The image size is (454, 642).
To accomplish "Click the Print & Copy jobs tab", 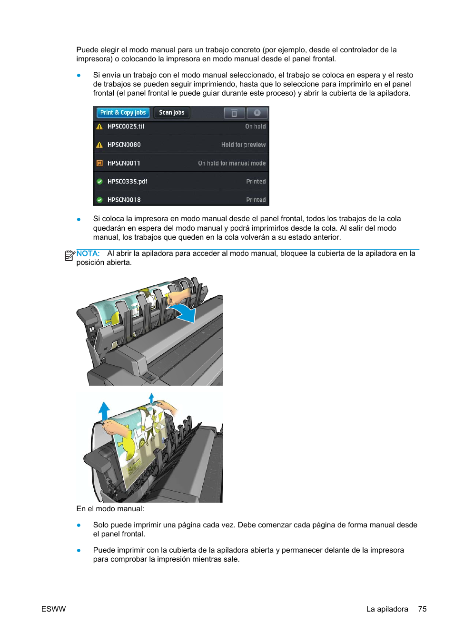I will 123,113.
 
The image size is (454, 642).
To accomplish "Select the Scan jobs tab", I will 171,113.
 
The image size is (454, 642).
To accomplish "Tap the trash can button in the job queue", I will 234,113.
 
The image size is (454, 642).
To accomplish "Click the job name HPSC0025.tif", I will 126,126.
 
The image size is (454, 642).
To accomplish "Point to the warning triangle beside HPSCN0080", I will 99,145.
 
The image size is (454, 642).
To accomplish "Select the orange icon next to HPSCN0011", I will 99,163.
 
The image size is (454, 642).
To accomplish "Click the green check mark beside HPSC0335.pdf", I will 99,182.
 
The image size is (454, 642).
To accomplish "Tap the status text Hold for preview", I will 243,145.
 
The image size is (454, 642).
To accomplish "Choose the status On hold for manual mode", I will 232,163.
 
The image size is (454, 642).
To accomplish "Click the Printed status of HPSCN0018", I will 256,200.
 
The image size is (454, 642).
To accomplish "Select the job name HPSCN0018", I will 124,200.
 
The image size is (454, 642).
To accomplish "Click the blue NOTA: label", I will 88,254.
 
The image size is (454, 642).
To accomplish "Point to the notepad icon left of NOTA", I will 69,255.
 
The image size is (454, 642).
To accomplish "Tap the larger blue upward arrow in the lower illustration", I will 104,410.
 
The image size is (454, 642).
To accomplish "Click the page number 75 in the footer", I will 422,609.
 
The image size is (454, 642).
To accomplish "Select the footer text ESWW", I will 53,609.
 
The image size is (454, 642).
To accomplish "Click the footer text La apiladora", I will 387,609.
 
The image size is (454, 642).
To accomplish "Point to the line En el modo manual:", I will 110,509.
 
